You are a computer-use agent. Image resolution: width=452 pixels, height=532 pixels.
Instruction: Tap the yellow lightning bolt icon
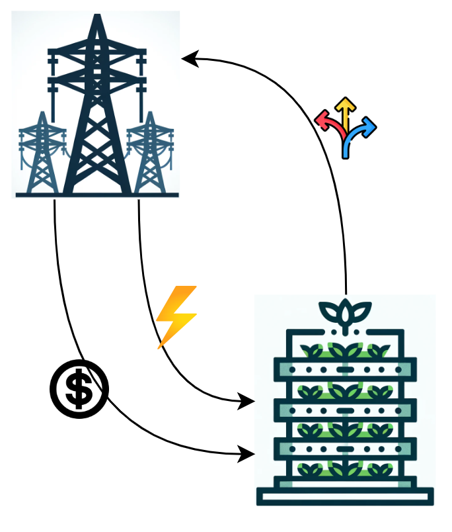coord(176,316)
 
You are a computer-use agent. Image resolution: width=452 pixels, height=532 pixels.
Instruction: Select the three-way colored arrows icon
coord(345,127)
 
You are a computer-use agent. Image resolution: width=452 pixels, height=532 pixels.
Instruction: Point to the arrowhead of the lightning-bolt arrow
coord(248,400)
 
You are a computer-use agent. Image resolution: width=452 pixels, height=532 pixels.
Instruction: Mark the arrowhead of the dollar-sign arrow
coord(248,454)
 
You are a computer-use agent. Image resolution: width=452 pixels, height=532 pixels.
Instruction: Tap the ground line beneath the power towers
coord(96,195)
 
